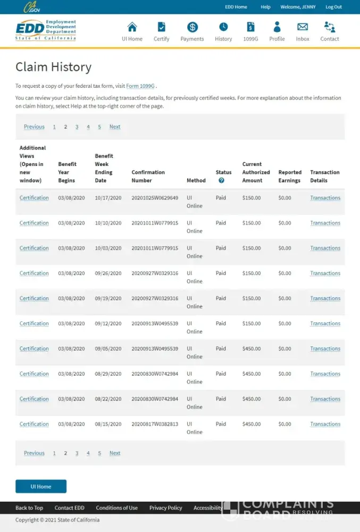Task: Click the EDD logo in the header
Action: coord(46,30)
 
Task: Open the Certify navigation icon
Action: coord(162,27)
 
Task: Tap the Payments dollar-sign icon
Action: coord(192,27)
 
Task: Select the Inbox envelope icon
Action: coord(303,27)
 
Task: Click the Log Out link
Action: coord(333,7)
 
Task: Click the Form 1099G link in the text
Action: coord(140,86)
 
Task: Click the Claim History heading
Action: coord(53,67)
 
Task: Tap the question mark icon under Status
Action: coord(221,180)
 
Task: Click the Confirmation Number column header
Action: coord(148,176)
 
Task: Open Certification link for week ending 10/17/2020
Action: coord(34,198)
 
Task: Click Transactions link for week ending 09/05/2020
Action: coord(325,348)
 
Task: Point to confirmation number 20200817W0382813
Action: coord(155,424)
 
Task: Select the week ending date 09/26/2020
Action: coord(108,273)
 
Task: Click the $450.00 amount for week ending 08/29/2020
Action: coord(252,374)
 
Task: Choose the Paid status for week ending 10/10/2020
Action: coord(221,223)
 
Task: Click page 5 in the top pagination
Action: coord(99,127)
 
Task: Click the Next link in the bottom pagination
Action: coord(115,453)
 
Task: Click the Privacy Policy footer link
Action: coord(165,508)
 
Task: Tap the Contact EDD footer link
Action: coord(69,508)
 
